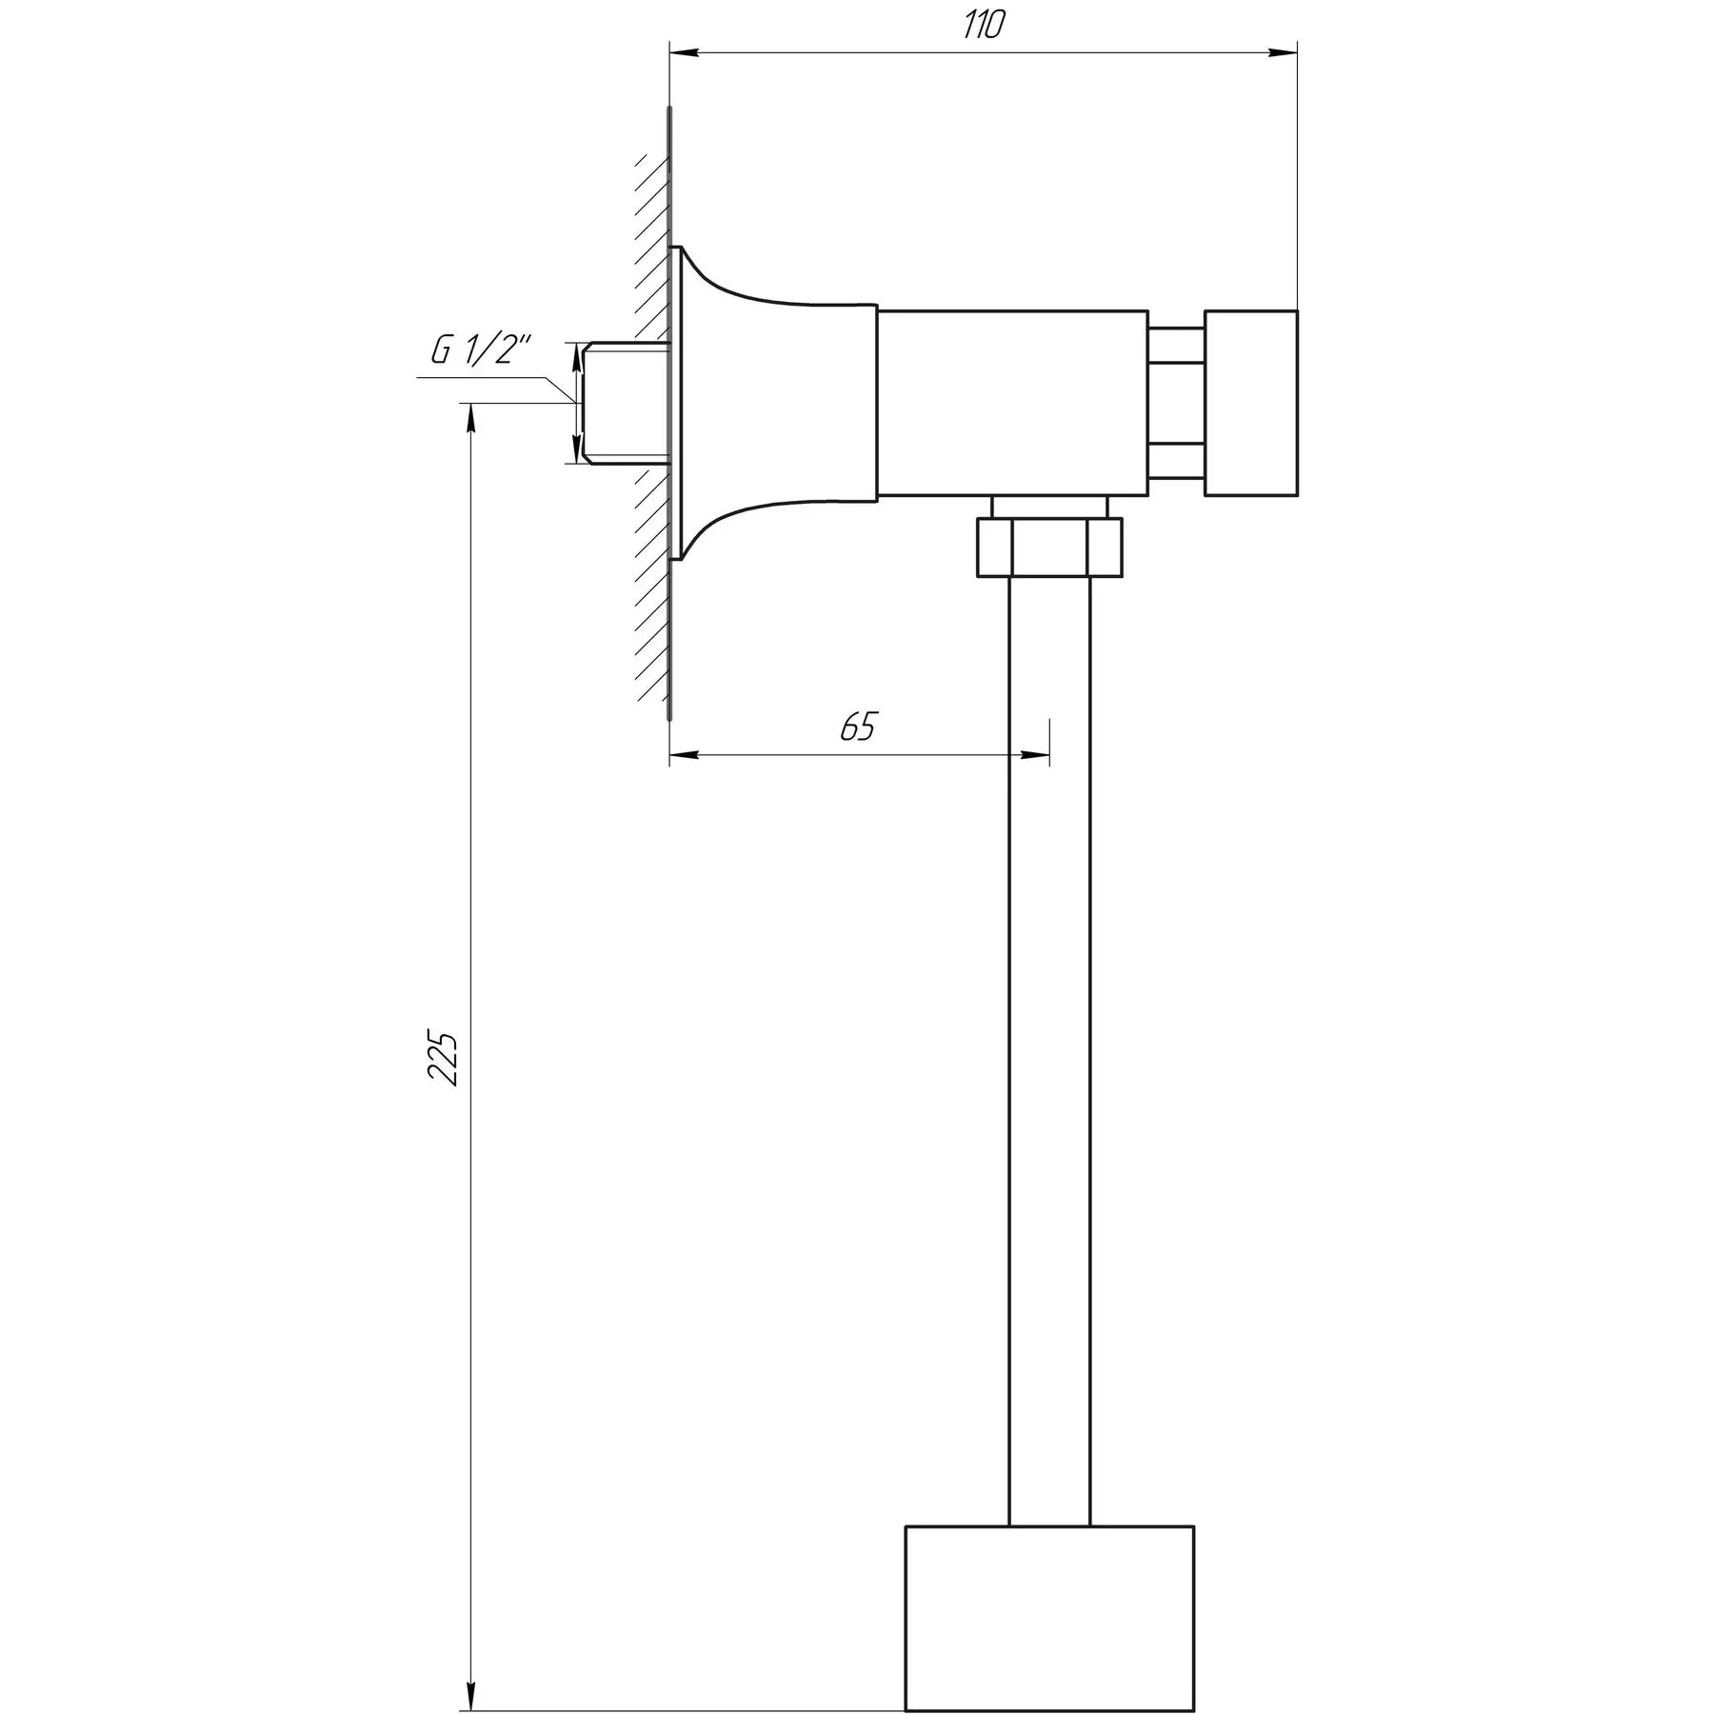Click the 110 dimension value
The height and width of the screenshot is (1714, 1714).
click(x=983, y=26)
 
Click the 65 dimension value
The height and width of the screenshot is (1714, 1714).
click(x=857, y=727)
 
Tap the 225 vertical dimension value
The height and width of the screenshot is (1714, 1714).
click(x=444, y=1057)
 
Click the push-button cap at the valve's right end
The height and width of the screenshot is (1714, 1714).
click(x=1250, y=403)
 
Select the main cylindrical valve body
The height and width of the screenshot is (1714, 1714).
click(x=1011, y=403)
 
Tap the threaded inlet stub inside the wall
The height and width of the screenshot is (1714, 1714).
click(x=626, y=403)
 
